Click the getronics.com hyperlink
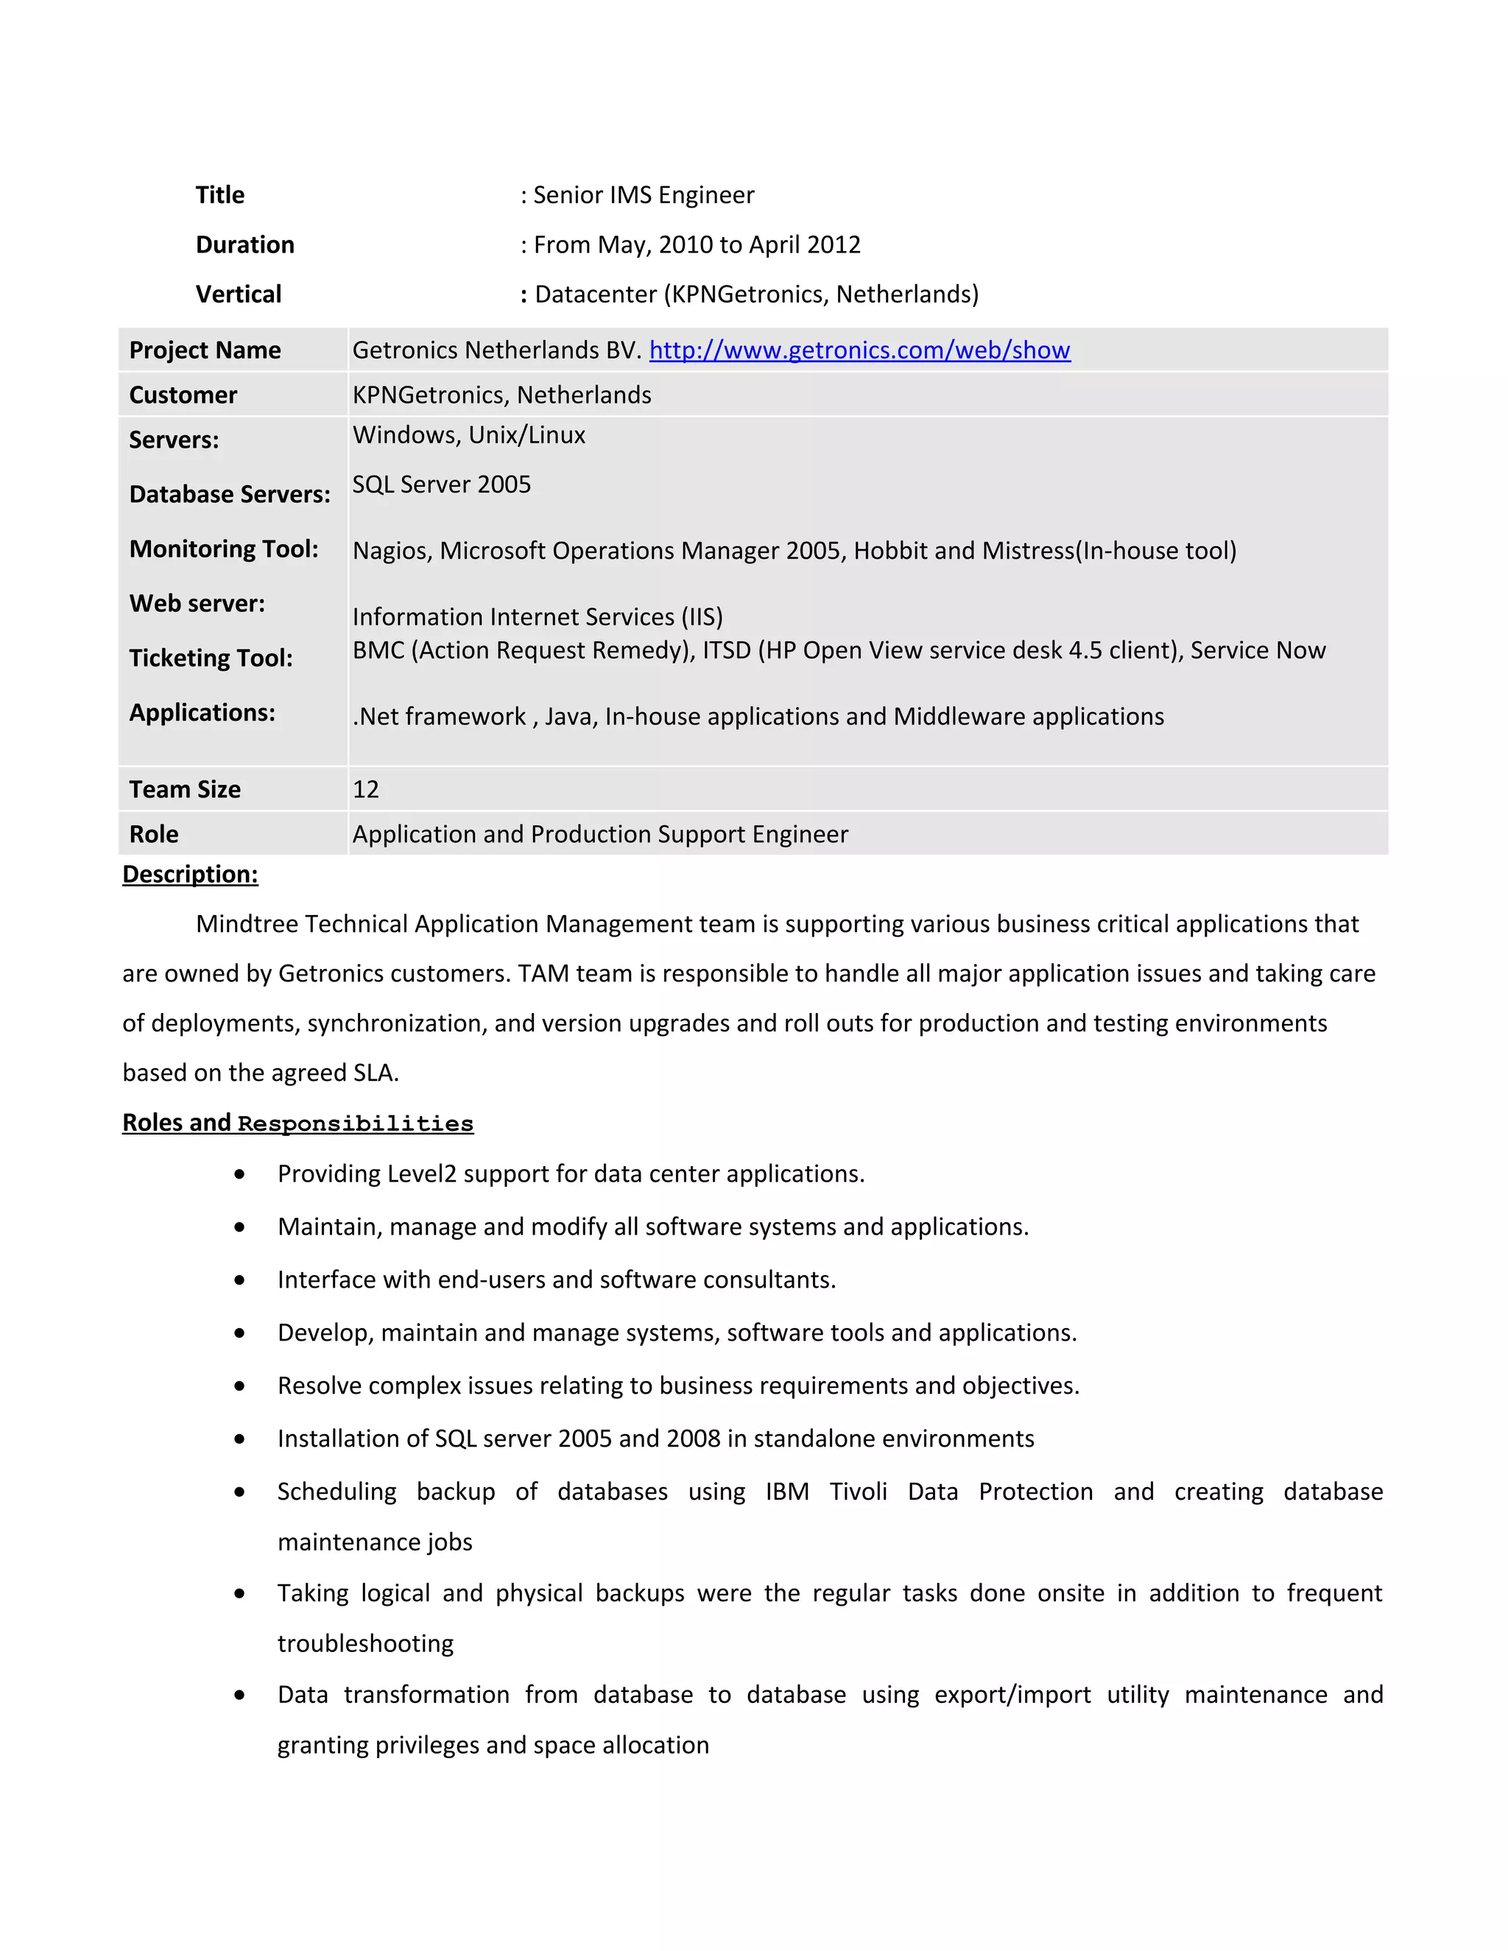[859, 350]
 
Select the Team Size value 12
[365, 788]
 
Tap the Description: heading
[190, 874]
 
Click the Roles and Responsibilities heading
[297, 1123]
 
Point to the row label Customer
[183, 395]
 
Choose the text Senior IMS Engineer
[644, 195]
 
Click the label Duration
[244, 244]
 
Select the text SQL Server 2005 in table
[441, 484]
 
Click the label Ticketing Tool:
[211, 658]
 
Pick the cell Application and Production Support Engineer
[600, 833]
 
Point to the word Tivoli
[858, 1492]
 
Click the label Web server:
[197, 604]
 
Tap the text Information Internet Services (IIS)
[537, 616]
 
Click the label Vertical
[239, 294]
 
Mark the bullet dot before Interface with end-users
[239, 1280]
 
